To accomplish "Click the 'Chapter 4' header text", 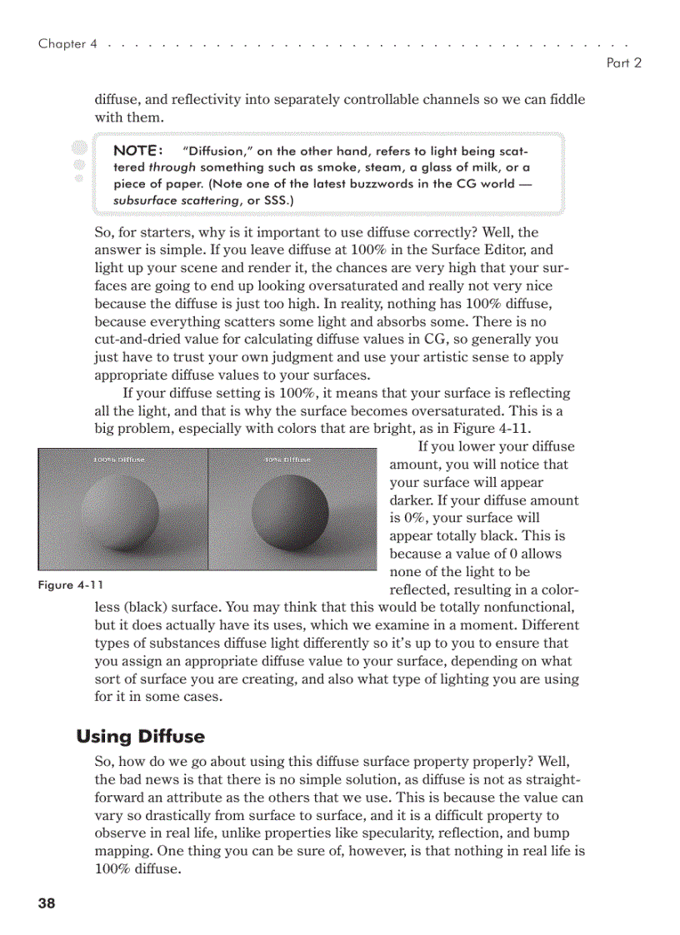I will click(x=62, y=44).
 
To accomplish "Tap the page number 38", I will click(x=47, y=903).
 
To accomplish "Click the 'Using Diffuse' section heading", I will click(x=140, y=737).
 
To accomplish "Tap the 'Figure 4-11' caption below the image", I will click(x=71, y=585).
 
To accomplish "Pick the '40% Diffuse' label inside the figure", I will click(x=287, y=459).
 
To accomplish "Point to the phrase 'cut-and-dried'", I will click(x=136, y=340).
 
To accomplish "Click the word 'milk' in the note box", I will click(x=472, y=167).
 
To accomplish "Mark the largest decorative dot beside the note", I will click(x=79, y=148).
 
